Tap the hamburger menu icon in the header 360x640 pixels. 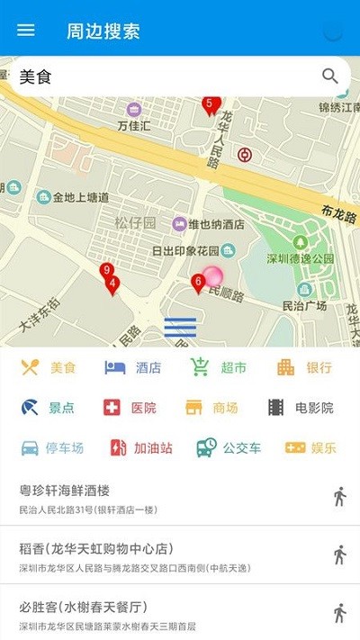[x=26, y=30]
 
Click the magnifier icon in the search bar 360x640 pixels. [x=330, y=77]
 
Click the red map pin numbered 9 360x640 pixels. [x=106, y=271]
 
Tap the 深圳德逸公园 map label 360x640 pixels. [x=301, y=258]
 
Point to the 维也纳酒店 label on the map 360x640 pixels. [x=209, y=223]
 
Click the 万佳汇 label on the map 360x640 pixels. [x=133, y=126]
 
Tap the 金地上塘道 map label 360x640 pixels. [x=81, y=197]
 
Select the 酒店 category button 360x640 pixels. [x=133, y=367]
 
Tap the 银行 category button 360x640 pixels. [x=305, y=367]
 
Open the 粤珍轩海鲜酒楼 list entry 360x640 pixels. [x=65, y=491]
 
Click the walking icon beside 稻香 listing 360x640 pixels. [x=339, y=554]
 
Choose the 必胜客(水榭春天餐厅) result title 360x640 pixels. [x=83, y=606]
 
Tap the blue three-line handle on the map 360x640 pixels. [x=180, y=328]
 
